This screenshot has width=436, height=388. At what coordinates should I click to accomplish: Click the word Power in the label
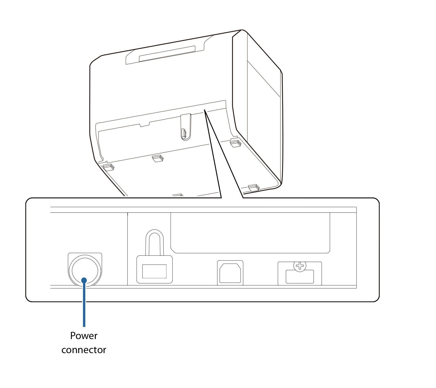point(84,336)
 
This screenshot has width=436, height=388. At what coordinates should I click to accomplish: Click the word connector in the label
point(84,350)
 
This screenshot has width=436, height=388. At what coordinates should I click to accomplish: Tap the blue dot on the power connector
point(84,280)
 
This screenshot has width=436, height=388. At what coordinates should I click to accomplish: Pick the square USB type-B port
point(230,273)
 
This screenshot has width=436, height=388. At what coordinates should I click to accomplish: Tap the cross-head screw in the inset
point(300,266)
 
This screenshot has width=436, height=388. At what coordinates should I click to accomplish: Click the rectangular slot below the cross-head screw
point(300,277)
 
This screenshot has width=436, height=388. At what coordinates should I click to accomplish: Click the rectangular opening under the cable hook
point(154,271)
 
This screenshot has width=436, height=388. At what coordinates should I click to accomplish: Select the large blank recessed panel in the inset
point(250,233)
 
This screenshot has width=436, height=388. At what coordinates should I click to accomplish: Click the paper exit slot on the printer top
point(167,54)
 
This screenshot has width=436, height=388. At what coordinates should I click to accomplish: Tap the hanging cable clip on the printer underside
point(186,127)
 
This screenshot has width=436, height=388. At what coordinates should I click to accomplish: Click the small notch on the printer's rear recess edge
point(144,124)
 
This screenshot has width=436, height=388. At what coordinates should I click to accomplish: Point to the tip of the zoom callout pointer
point(205,110)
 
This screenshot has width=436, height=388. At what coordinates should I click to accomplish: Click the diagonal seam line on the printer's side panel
point(264,79)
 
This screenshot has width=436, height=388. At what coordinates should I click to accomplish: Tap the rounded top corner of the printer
point(243,30)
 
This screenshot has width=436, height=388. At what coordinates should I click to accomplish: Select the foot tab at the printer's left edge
point(108,167)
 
